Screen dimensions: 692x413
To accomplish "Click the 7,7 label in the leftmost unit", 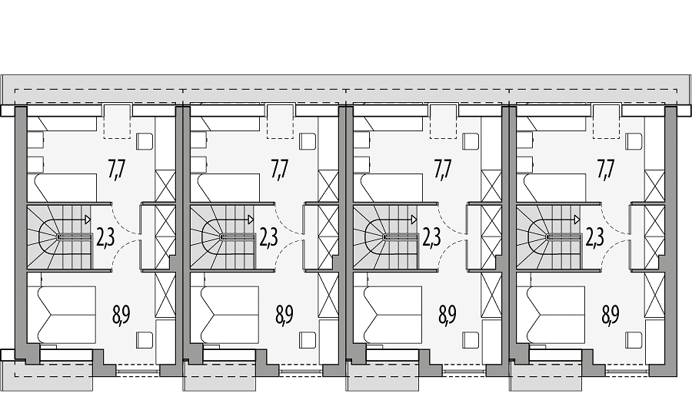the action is tap(117, 169).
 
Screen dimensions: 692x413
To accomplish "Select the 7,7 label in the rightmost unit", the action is tap(606, 169).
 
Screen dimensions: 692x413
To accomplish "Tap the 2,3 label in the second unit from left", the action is tap(268, 237).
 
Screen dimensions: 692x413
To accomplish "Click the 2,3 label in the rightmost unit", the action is tap(595, 237).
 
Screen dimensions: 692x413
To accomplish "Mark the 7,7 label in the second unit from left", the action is tap(280, 169).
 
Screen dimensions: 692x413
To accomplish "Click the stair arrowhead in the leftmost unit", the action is tap(88, 219).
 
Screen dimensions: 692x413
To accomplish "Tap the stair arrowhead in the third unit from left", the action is tap(414, 219).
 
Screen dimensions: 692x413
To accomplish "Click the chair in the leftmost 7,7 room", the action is tap(144, 142).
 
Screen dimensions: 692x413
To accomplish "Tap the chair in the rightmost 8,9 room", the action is tap(634, 340).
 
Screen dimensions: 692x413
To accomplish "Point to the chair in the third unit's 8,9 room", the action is tap(471, 340).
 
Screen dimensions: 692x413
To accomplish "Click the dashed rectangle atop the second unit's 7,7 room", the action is tap(280, 121).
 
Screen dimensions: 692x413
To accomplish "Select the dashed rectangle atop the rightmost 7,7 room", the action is tap(607, 121).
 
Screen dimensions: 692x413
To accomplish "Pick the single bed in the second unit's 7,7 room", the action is tap(225, 188).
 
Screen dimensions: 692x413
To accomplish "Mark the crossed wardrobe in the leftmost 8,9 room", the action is tap(165, 295).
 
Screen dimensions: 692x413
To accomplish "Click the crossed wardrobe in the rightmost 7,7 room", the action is tap(654, 186).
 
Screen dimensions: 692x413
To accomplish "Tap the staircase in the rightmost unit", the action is tap(548, 236).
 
